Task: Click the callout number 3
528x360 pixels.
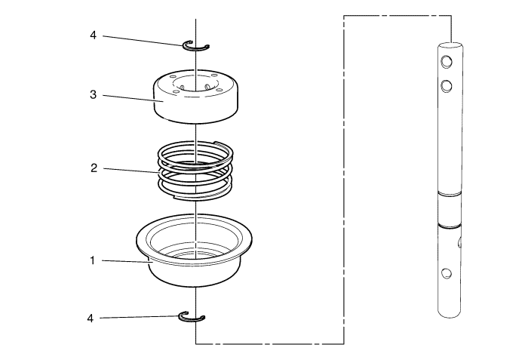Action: [x=93, y=95]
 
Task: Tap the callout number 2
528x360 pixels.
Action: [x=93, y=168]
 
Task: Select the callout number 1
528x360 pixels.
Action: [x=92, y=260]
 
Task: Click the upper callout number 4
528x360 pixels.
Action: [x=93, y=35]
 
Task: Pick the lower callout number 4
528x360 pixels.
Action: [x=91, y=318]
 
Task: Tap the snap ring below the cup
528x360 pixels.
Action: [x=192, y=316]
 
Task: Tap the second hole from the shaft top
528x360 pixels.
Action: [x=446, y=85]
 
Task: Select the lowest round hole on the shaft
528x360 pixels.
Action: [x=446, y=272]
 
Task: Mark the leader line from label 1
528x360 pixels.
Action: [x=124, y=261]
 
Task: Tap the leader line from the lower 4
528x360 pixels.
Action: [x=140, y=317]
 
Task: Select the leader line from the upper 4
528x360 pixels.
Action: [x=143, y=40]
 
